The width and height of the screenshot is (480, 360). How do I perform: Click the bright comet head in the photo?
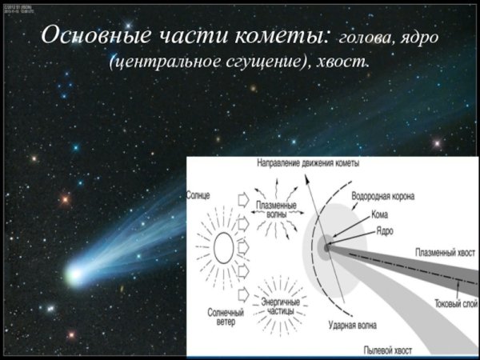(74, 276)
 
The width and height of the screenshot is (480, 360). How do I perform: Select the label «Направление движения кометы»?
(308, 162)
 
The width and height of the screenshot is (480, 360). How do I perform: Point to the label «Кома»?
(381, 214)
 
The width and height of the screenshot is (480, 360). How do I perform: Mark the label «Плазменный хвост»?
(442, 252)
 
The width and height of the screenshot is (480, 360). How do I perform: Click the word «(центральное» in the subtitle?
(162, 62)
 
